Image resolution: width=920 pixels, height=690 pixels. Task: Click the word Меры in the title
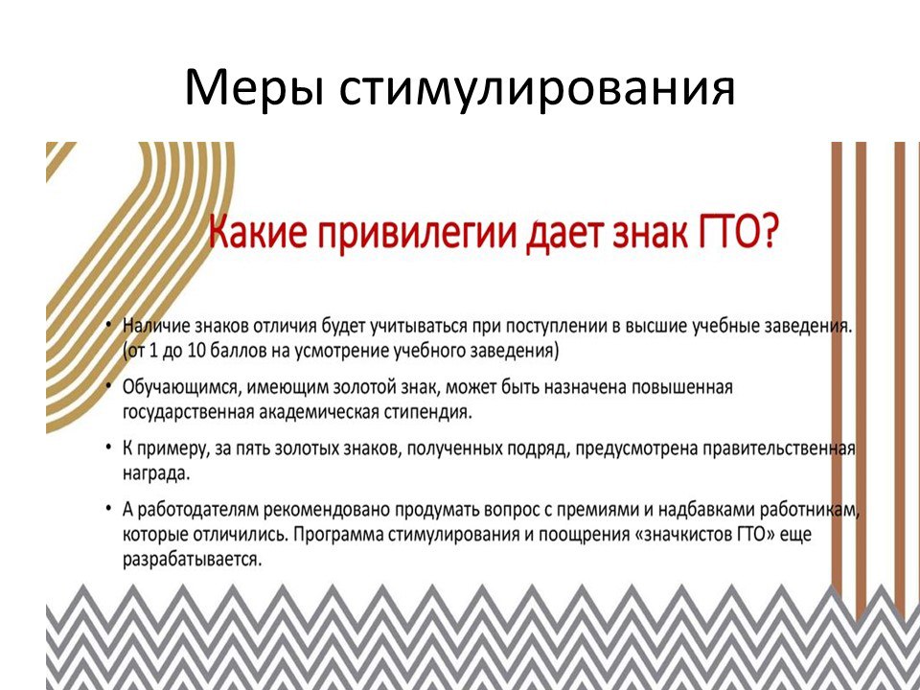point(253,87)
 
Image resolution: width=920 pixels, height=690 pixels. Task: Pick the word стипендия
point(428,412)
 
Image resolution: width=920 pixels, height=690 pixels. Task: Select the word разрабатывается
point(192,560)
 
